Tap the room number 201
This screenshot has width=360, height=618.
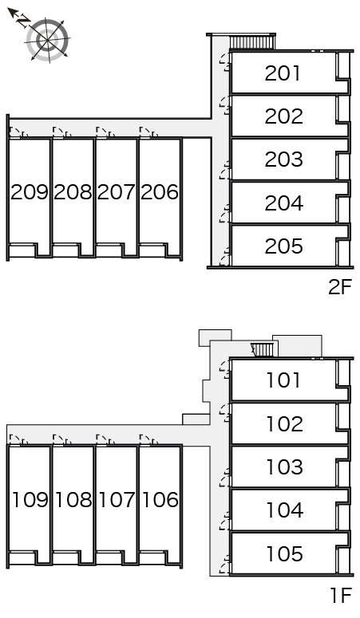[x=283, y=73]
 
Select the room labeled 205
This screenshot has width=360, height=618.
[x=284, y=246]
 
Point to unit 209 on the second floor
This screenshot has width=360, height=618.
[x=30, y=192]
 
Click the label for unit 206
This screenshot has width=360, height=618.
[x=160, y=192]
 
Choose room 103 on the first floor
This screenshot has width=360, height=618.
[x=285, y=467]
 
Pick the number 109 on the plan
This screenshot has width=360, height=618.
[x=30, y=500]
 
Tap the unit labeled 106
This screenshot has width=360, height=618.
[x=160, y=500]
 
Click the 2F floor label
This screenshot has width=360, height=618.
[x=339, y=287]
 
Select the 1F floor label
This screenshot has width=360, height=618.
[x=341, y=595]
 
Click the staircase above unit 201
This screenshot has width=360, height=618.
[x=252, y=42]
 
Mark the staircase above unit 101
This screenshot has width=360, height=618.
[x=263, y=349]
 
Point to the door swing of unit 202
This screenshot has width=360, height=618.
[x=225, y=105]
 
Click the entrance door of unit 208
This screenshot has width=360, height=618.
[x=62, y=132]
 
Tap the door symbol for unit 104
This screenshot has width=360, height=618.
[x=225, y=521]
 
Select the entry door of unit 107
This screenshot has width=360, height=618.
[x=105, y=440]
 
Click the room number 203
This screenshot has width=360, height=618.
[x=284, y=159]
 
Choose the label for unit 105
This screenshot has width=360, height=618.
[x=285, y=554]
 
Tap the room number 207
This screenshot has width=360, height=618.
[x=116, y=192]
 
